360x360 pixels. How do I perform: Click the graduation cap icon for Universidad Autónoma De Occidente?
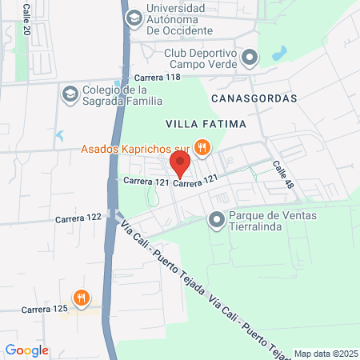(x=133, y=18)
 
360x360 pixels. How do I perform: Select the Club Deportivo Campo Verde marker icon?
(x=250, y=57)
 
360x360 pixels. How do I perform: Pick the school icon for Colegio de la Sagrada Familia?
(x=69, y=94)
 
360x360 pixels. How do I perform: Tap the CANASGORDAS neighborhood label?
(x=254, y=98)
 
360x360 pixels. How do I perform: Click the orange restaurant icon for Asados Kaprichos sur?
(x=202, y=147)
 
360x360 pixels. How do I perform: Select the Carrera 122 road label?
(x=78, y=218)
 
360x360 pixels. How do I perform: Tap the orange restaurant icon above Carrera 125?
(x=81, y=298)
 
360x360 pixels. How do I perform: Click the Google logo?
(x=26, y=350)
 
